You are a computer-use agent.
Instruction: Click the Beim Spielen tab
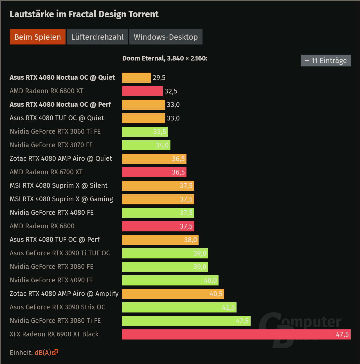pyautogui.click(x=38, y=37)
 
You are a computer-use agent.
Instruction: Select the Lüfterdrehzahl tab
pyautogui.click(x=97, y=37)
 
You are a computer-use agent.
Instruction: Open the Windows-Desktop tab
pyautogui.click(x=166, y=37)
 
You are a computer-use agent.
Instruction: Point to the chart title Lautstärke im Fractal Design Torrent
pyautogui.click(x=84, y=14)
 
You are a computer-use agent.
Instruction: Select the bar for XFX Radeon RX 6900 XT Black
pyautogui.click(x=236, y=334)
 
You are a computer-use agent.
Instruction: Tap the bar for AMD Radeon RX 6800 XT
pyautogui.click(x=142, y=91)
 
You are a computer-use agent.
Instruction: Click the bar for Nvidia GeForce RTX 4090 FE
pyautogui.click(x=170, y=280)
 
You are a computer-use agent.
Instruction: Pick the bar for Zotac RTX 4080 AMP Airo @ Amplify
pyautogui.click(x=173, y=294)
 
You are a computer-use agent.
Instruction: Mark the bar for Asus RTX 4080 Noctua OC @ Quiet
pyautogui.click(x=136, y=78)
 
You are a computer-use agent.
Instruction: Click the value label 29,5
pyautogui.click(x=159, y=78)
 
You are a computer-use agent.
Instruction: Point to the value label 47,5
pyautogui.click(x=342, y=334)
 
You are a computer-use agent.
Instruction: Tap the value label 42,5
pyautogui.click(x=242, y=321)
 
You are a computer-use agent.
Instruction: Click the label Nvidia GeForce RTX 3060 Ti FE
pyautogui.click(x=55, y=131)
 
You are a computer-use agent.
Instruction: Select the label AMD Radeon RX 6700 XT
pyautogui.click(x=46, y=172)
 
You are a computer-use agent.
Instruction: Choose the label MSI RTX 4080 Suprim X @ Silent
pyautogui.click(x=58, y=186)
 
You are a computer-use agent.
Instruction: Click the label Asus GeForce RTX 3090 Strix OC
pyautogui.click(x=57, y=307)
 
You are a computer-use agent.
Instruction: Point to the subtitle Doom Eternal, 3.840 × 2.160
pyautogui.click(x=165, y=58)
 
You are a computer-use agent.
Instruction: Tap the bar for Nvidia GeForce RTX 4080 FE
pyautogui.click(x=158, y=213)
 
